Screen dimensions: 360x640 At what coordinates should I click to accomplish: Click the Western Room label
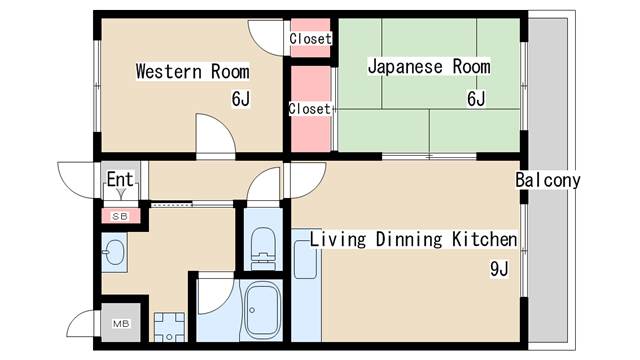[x=192, y=72]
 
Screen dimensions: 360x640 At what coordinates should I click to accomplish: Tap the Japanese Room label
[x=429, y=67]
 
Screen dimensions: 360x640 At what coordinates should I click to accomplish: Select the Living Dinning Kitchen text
[x=413, y=240]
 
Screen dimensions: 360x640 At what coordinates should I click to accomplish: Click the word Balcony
[x=548, y=181]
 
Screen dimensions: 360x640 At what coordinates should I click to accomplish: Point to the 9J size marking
[x=499, y=269]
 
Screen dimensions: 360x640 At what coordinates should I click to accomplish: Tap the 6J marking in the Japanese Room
[x=475, y=98]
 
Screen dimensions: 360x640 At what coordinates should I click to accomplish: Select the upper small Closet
[x=310, y=39]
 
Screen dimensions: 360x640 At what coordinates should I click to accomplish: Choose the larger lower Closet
[x=310, y=108]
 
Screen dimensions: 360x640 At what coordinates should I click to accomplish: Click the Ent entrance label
[x=120, y=180]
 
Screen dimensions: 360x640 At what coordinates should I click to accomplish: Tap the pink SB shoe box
[x=120, y=215]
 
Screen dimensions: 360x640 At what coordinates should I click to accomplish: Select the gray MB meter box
[x=120, y=324]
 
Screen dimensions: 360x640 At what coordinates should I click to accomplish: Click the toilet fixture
[x=263, y=243]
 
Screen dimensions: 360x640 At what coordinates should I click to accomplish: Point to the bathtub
[x=266, y=312]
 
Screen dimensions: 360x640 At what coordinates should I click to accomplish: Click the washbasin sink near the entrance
[x=114, y=251]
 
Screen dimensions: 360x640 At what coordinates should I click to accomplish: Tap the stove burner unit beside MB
[x=169, y=328]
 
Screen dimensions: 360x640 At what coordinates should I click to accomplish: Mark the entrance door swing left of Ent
[x=78, y=178]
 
